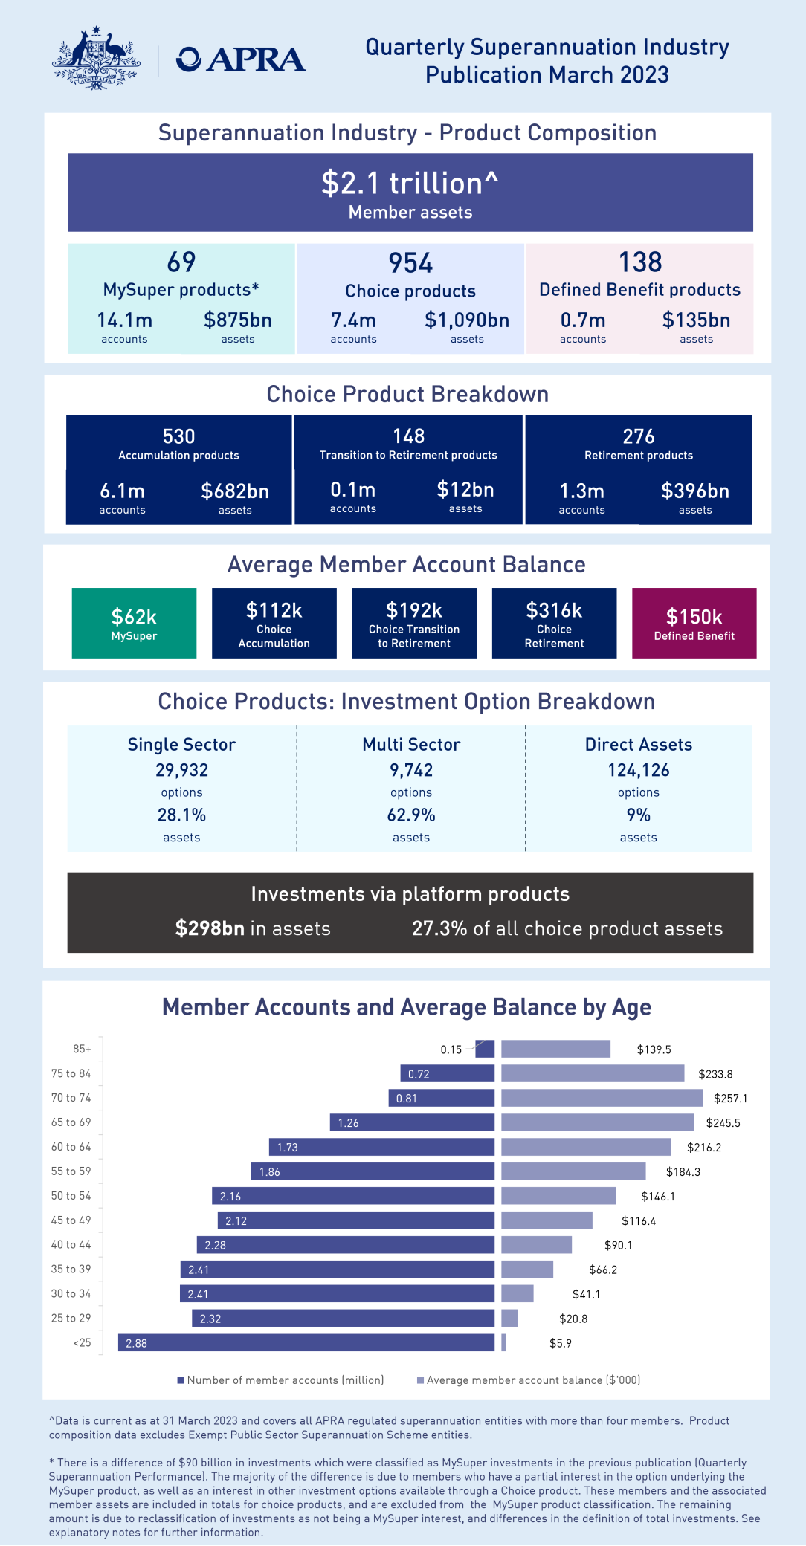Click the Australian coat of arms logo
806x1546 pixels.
pyautogui.click(x=96, y=59)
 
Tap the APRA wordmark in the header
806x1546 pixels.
pyautogui.click(x=241, y=59)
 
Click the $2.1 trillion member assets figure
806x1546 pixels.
pyautogui.click(x=410, y=183)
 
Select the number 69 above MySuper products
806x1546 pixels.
pyautogui.click(x=181, y=262)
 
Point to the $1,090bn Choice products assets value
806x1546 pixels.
pyautogui.click(x=467, y=320)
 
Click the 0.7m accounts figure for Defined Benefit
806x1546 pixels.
pyautogui.click(x=583, y=320)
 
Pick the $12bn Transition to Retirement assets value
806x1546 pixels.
pyautogui.click(x=465, y=490)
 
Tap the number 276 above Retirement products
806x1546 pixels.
pyautogui.click(x=639, y=436)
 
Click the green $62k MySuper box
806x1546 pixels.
pyautogui.click(x=134, y=623)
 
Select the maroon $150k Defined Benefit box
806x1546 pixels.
pyautogui.click(x=694, y=623)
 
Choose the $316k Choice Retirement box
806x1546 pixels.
pyautogui.click(x=554, y=623)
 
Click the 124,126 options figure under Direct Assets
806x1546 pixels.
pyautogui.click(x=639, y=770)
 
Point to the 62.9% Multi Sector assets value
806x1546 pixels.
pyautogui.click(x=411, y=815)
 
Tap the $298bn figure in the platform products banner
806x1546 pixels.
pyautogui.click(x=210, y=928)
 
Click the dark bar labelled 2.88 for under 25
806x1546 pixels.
pyautogui.click(x=306, y=1343)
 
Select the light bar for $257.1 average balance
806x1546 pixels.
pyautogui.click(x=602, y=1098)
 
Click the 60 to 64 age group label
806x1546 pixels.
pyautogui.click(x=71, y=1147)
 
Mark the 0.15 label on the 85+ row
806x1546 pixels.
pyautogui.click(x=451, y=1049)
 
